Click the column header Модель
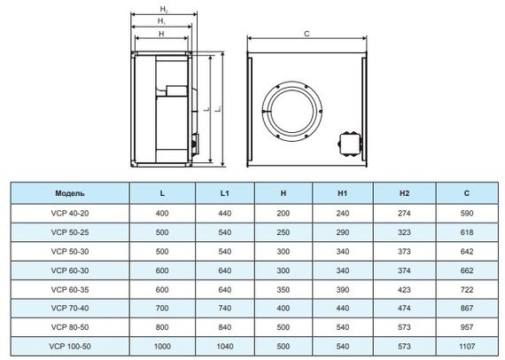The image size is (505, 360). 69,192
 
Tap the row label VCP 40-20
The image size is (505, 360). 69,213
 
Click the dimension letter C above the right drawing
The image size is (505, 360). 306,34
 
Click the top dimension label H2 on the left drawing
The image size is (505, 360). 161,8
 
